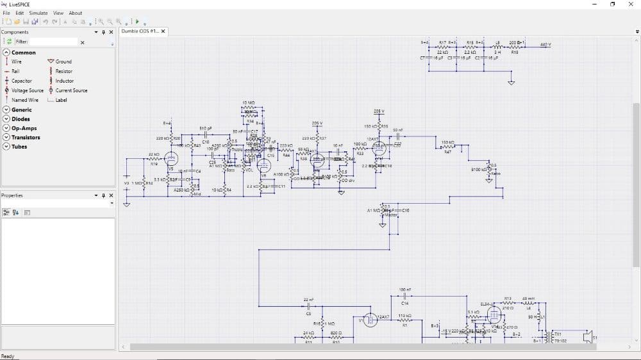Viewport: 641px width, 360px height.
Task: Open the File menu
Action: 6,13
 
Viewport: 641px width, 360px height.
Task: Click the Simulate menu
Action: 38,13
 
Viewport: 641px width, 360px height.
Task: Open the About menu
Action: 76,13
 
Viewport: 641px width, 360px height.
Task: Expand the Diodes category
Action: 21,119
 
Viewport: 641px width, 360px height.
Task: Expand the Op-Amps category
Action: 24,128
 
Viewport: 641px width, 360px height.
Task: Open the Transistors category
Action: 26,137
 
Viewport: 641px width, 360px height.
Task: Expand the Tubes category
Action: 19,147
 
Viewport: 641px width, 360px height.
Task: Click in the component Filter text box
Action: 54,42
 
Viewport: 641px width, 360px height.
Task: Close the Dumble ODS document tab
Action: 163,31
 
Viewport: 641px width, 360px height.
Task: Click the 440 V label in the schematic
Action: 545,44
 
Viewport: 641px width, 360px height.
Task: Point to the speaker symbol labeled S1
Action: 587,336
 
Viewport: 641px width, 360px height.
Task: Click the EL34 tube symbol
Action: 494,315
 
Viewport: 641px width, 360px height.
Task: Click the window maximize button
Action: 612,4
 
